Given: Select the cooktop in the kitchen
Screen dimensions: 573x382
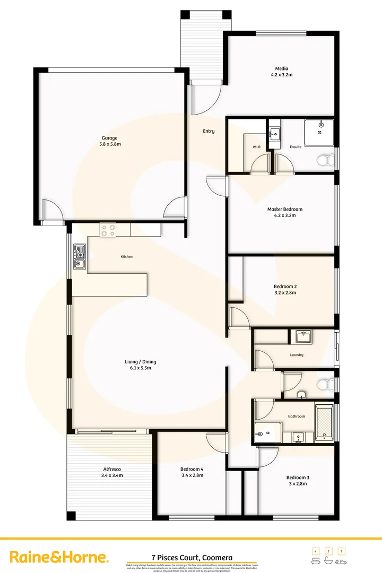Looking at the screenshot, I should [108, 230].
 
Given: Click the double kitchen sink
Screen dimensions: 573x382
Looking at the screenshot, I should [80, 256].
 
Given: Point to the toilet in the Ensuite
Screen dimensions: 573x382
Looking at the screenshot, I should [325, 159].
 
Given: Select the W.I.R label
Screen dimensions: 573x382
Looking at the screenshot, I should [256, 146].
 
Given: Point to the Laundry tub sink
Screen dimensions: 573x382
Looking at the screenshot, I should [303, 337].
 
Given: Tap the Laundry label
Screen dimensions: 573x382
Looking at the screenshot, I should [297, 355].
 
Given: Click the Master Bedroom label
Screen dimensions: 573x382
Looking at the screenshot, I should [284, 209].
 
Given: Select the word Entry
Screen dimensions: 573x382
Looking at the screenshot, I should [209, 131].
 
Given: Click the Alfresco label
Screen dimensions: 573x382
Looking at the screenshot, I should [112, 469].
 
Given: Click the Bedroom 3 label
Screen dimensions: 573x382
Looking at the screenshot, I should [298, 477].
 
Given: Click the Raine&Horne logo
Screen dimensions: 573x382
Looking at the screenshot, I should [59, 557].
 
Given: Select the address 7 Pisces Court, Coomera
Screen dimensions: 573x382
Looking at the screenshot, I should [191, 557].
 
